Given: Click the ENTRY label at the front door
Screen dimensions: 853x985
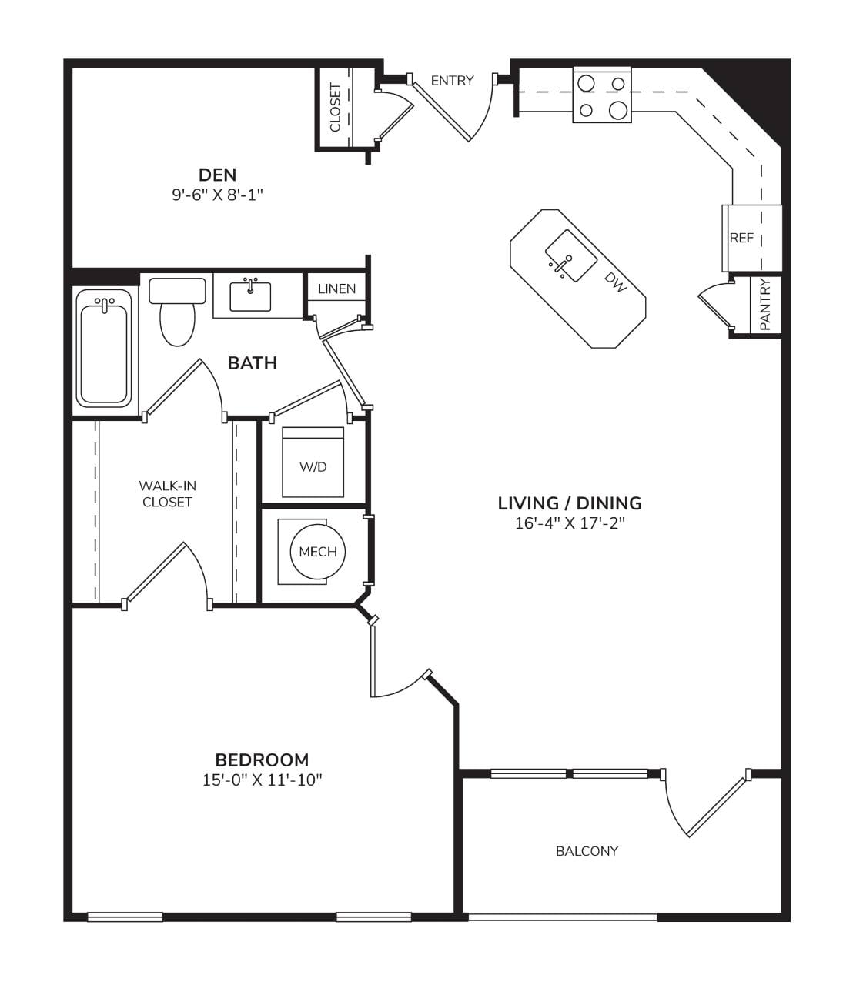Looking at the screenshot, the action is (x=452, y=81).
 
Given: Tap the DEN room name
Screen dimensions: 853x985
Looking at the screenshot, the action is (x=217, y=175).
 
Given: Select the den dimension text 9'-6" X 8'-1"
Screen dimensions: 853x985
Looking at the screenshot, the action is (x=217, y=195).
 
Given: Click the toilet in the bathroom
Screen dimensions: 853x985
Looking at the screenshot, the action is (x=177, y=312).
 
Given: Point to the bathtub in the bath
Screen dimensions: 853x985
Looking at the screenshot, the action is (x=104, y=348).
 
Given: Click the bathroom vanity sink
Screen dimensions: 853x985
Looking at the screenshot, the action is (x=250, y=296).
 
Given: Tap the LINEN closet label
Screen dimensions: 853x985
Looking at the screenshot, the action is (x=336, y=289).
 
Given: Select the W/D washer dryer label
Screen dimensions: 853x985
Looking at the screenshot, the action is (x=313, y=466).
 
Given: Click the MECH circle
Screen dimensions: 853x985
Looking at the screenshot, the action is (x=318, y=551).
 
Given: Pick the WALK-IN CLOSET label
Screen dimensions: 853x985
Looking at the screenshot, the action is (x=167, y=494).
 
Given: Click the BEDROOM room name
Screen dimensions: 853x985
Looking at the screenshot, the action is (x=262, y=760).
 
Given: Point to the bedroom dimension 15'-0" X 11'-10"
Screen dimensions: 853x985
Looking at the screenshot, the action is (x=263, y=780).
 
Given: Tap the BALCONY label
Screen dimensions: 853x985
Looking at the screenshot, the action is (x=587, y=851).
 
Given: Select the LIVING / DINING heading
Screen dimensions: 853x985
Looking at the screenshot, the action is (x=570, y=503).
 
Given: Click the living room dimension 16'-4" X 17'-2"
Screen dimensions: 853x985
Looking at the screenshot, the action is (x=570, y=523).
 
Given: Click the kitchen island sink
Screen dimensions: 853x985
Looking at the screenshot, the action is (x=570, y=255).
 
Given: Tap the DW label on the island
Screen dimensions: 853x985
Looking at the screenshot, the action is (x=616, y=282).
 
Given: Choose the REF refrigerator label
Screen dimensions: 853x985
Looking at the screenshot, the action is (x=741, y=238).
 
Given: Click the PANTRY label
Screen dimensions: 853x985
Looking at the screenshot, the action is (x=764, y=305).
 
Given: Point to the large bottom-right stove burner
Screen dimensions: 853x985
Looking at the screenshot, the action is (x=618, y=111).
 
